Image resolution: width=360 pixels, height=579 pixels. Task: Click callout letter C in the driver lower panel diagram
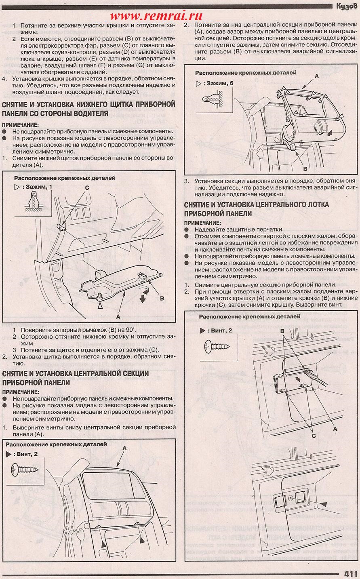[x=86, y=187]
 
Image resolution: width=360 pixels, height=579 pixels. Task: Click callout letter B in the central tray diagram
[x=282, y=330]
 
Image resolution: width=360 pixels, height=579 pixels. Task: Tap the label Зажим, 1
[x=39, y=187]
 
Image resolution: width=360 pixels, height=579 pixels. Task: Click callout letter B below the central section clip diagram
[x=305, y=168]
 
